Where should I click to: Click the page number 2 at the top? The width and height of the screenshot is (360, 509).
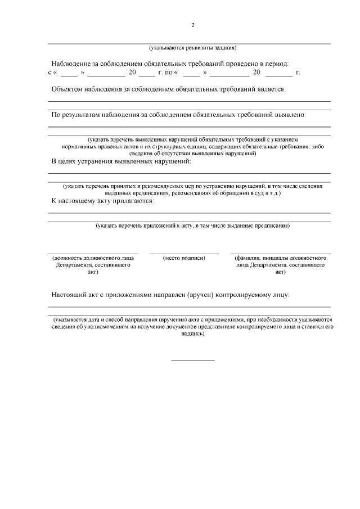click(x=192, y=25)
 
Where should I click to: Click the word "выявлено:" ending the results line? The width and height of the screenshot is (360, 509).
click(x=290, y=115)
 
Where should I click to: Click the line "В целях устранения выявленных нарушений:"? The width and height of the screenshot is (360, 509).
click(x=121, y=162)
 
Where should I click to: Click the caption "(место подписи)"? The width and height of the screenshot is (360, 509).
click(x=184, y=258)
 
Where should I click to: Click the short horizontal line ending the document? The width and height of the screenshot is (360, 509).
click(x=192, y=359)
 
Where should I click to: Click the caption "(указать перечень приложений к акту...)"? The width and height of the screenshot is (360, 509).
click(x=192, y=226)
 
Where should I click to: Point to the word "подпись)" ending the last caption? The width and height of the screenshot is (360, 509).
click(x=192, y=333)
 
